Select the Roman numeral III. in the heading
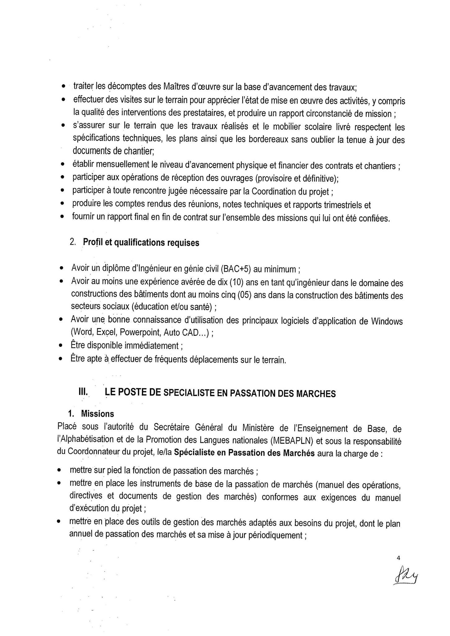(x=83, y=392)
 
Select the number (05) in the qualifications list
(x=244, y=295)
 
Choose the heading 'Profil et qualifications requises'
(x=141, y=242)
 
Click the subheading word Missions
(x=98, y=414)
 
